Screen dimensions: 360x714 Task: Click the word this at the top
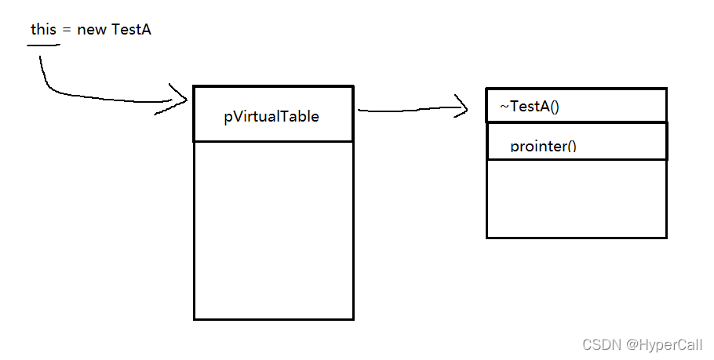pyautogui.click(x=43, y=30)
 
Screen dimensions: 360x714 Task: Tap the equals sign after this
pyautogui.click(x=67, y=31)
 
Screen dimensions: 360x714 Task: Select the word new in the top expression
pyautogui.click(x=91, y=31)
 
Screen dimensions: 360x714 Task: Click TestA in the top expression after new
pyautogui.click(x=132, y=30)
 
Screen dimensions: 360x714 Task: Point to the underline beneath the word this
pyautogui.click(x=43, y=45)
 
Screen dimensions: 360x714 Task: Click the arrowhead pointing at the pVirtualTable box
pyautogui.click(x=182, y=100)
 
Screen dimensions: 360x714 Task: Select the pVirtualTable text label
pyautogui.click(x=271, y=116)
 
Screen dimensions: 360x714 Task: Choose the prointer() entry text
pyautogui.click(x=543, y=146)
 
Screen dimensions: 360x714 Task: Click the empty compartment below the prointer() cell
pyautogui.click(x=576, y=198)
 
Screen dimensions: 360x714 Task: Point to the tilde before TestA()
pyautogui.click(x=505, y=107)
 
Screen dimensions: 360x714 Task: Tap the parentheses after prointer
pyautogui.click(x=570, y=146)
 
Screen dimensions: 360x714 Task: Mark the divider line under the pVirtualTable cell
pyautogui.click(x=273, y=141)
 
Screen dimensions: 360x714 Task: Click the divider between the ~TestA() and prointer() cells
pyautogui.click(x=576, y=122)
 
